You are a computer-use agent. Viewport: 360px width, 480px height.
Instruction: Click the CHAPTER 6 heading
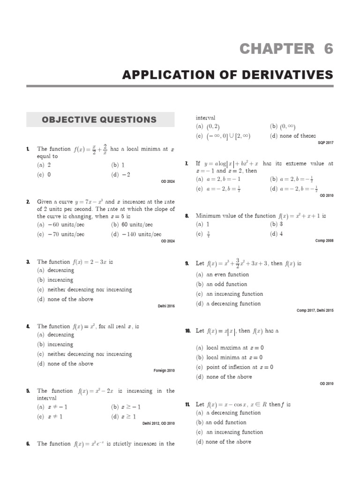286,49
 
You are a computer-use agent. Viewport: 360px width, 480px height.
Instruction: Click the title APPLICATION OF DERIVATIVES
228,75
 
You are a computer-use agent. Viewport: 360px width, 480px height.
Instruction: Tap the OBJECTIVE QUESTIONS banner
100,120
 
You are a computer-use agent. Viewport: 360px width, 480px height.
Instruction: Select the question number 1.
28,150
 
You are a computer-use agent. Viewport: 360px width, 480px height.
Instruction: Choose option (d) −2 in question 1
120,174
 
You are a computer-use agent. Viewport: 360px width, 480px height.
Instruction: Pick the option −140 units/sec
136,234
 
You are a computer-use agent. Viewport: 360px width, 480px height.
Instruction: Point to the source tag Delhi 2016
166,306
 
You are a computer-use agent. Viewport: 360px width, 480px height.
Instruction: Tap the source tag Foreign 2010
164,370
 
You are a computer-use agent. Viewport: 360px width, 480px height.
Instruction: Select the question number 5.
28,391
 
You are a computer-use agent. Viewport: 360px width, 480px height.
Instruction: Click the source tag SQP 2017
325,143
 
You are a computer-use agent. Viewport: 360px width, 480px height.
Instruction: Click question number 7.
187,164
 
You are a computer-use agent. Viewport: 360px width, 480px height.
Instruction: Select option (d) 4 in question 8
277,234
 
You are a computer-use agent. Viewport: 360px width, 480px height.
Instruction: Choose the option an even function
222,275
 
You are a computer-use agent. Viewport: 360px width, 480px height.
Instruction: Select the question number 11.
187,404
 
